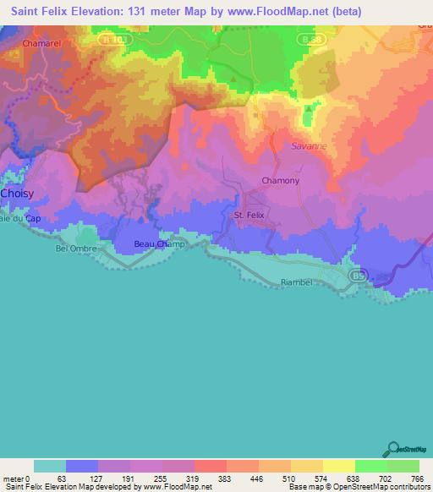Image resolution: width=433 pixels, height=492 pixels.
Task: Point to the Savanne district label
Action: (x=310, y=146)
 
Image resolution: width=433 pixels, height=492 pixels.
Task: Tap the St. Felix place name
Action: (x=249, y=216)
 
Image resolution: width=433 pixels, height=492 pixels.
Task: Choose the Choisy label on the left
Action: (x=18, y=194)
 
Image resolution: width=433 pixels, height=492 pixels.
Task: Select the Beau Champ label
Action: (x=159, y=244)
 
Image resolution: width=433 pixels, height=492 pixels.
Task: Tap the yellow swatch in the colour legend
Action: (x=338, y=466)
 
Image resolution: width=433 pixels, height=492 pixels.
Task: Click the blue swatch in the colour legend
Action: (x=82, y=466)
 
